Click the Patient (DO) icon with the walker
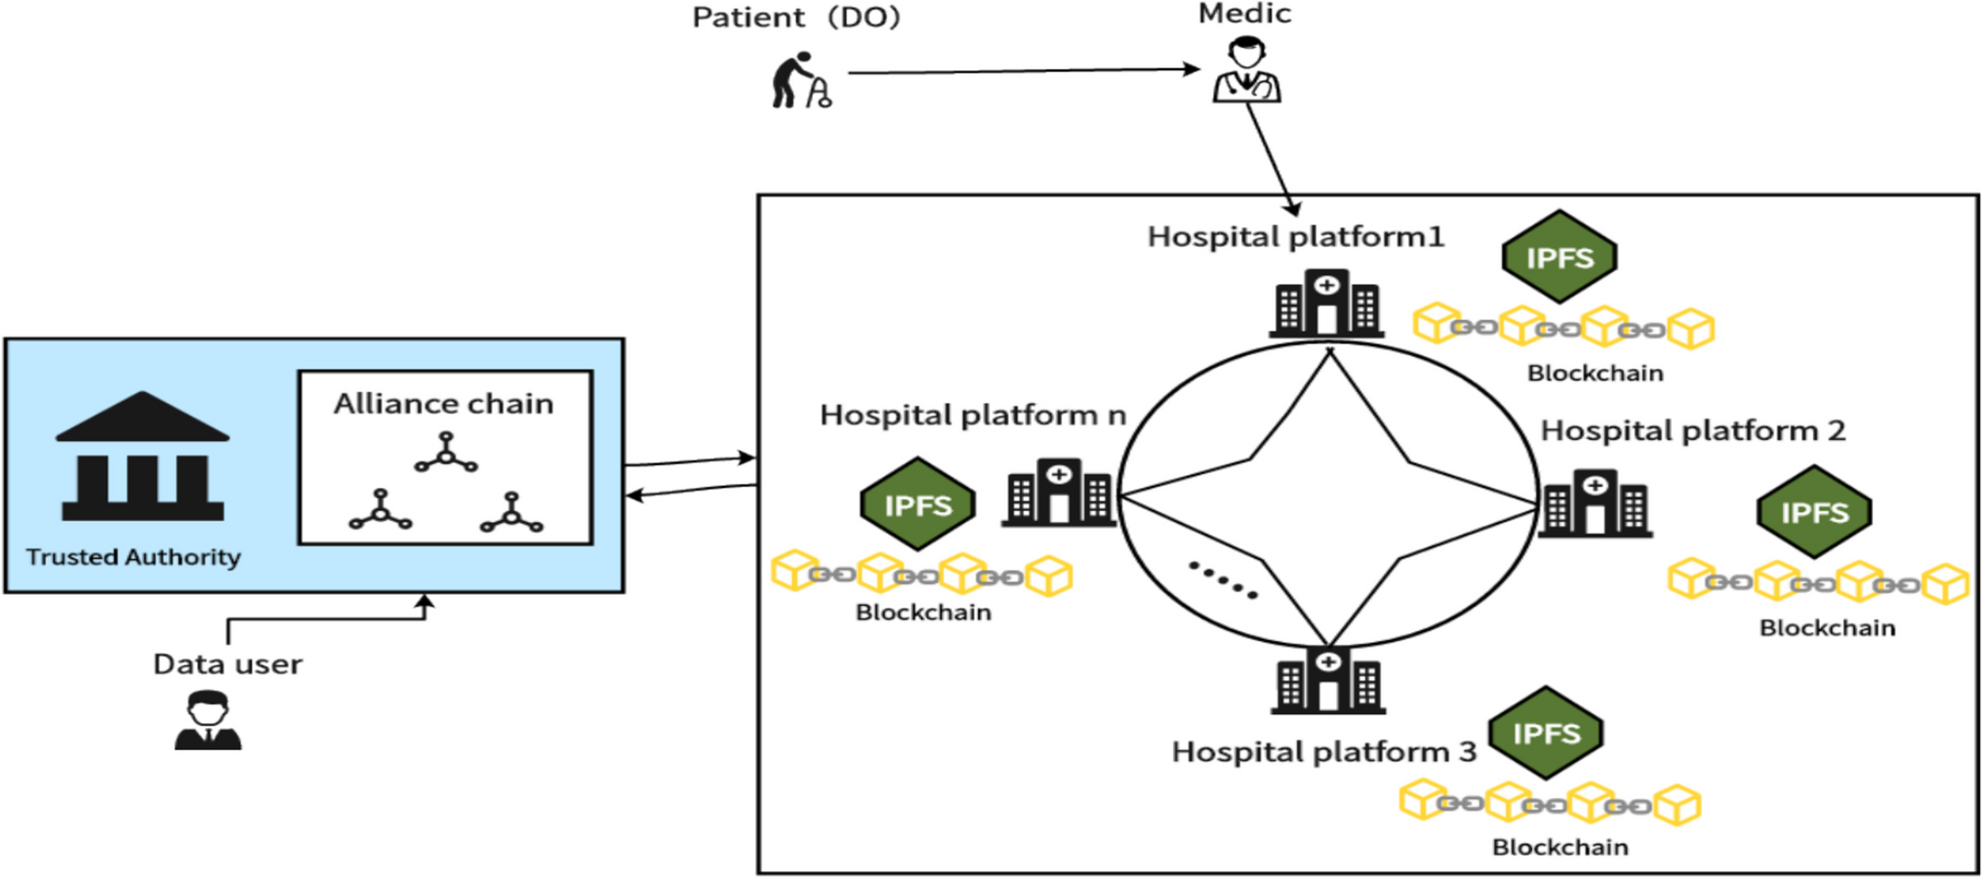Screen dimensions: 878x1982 800,80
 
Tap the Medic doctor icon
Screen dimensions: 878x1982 1246,70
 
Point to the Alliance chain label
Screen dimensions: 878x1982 443,404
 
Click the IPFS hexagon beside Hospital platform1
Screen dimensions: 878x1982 1558,258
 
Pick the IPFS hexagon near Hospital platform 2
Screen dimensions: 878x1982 1813,512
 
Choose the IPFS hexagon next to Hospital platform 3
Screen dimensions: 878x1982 1545,733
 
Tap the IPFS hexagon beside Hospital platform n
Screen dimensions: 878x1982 917,505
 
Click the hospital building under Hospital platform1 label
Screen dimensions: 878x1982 1326,303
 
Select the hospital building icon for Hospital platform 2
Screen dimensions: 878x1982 1595,503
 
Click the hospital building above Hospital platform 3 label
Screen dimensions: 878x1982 1327,680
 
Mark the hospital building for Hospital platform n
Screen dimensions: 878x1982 1059,493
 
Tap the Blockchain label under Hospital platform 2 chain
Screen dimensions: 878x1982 1827,627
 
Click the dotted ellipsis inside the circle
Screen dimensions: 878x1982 1223,579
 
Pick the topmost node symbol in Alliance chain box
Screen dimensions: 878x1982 446,454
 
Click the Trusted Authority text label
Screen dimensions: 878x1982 133,557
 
